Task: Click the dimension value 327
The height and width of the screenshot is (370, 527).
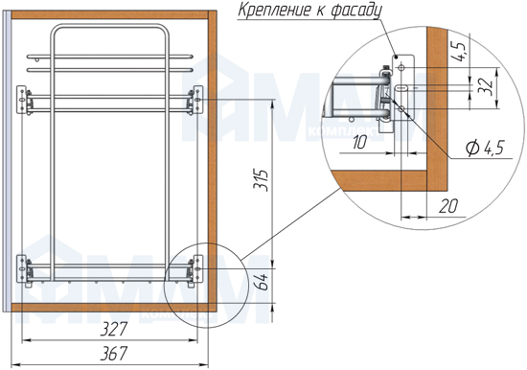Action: click(x=114, y=329)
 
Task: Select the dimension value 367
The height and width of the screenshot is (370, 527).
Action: click(x=114, y=354)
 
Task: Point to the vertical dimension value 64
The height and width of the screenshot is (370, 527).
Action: click(x=263, y=282)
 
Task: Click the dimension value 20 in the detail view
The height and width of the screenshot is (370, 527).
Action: click(x=448, y=206)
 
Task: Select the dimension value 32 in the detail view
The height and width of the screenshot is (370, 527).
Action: click(x=487, y=88)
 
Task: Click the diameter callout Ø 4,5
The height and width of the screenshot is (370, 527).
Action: click(x=486, y=148)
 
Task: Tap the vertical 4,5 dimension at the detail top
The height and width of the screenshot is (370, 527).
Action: click(x=459, y=51)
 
